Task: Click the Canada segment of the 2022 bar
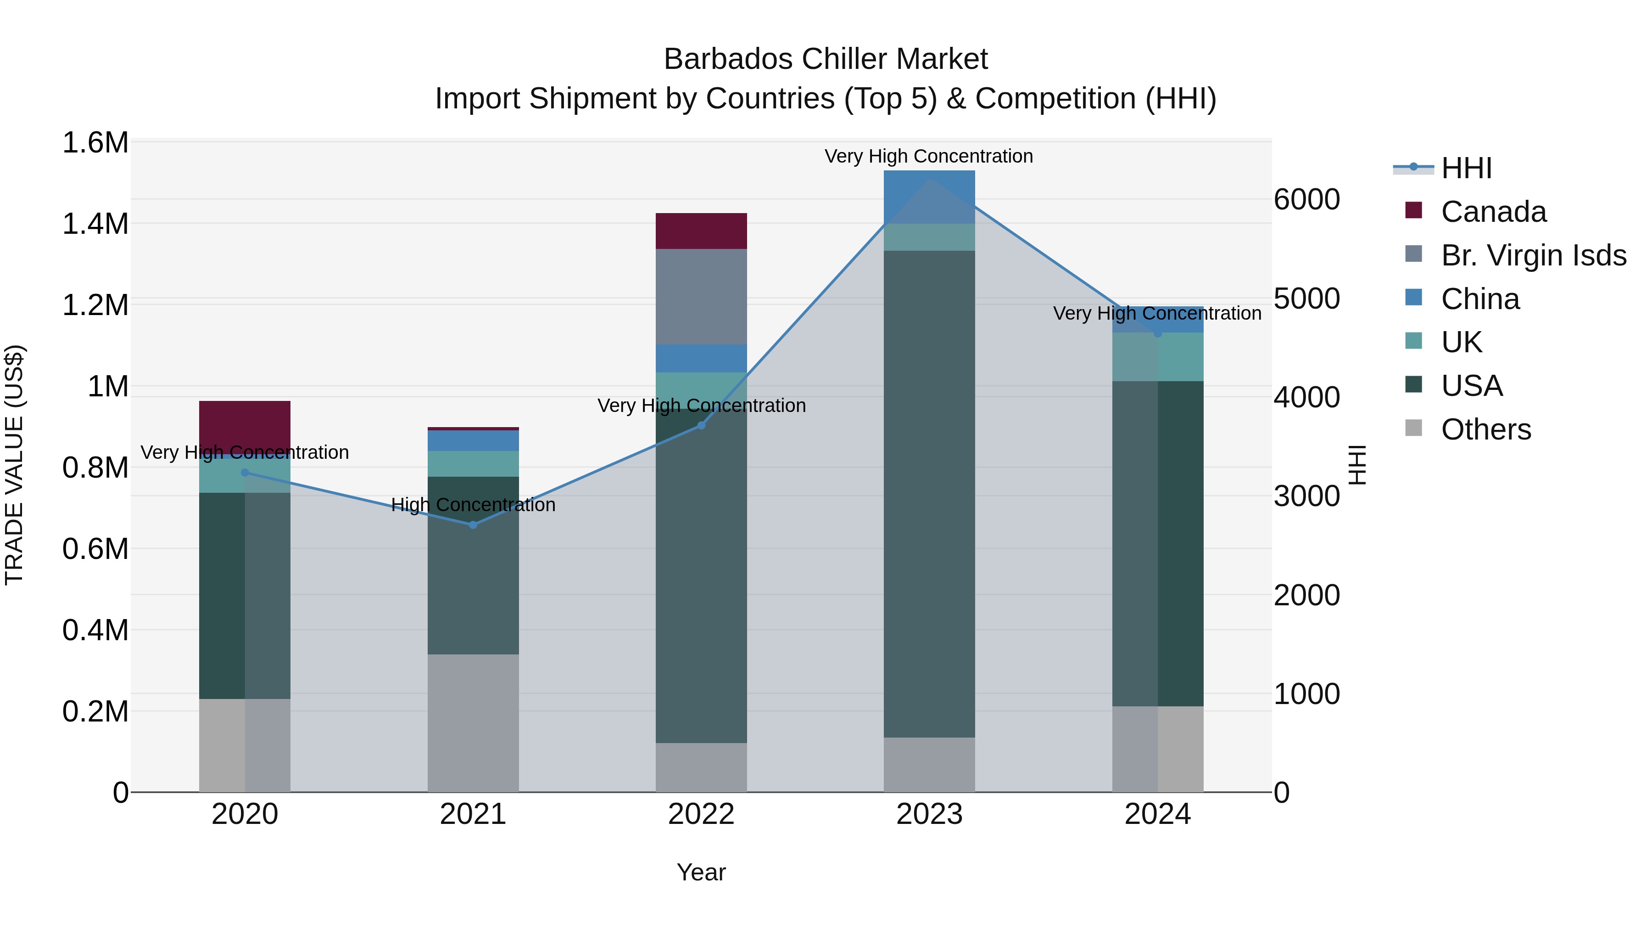701,231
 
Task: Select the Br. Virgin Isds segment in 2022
701,297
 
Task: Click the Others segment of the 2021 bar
473,723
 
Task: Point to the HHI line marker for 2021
473,525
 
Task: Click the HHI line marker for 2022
701,426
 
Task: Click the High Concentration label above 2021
473,505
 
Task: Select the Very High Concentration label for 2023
929,156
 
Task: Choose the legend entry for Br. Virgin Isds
1533,255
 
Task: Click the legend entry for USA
1471,386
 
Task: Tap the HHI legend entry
1466,168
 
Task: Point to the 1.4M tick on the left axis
95,224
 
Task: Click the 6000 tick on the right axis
1306,200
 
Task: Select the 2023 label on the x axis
929,814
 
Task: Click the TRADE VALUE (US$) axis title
14,465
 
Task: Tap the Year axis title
701,872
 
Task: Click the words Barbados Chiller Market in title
826,59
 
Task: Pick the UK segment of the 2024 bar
1158,357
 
